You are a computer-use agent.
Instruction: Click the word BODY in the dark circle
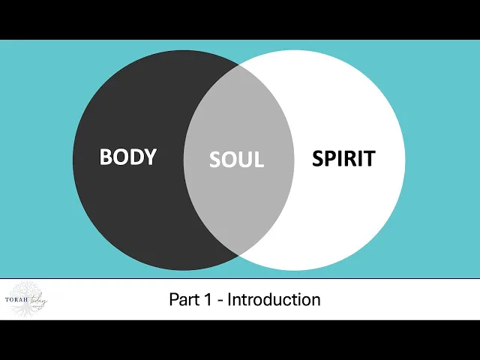pos(128,157)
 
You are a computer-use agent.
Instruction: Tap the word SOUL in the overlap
pos(236,160)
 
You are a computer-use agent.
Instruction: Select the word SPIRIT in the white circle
pos(343,159)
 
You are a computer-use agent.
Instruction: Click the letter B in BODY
pos(106,157)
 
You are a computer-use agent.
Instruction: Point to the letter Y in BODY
pos(150,157)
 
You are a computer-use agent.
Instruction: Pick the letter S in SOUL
pos(214,160)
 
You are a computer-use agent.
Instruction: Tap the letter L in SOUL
pos(259,160)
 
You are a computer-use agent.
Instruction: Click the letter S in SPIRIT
pos(317,159)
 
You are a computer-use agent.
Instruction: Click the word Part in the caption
pos(185,300)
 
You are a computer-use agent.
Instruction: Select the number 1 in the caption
pos(210,300)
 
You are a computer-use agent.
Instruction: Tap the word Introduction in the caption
pos(274,300)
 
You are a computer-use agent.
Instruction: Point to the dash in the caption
pos(220,301)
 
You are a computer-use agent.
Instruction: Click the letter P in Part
pos(174,300)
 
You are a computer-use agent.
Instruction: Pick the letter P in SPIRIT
pos(331,159)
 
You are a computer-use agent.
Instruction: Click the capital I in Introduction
pos(229,300)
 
